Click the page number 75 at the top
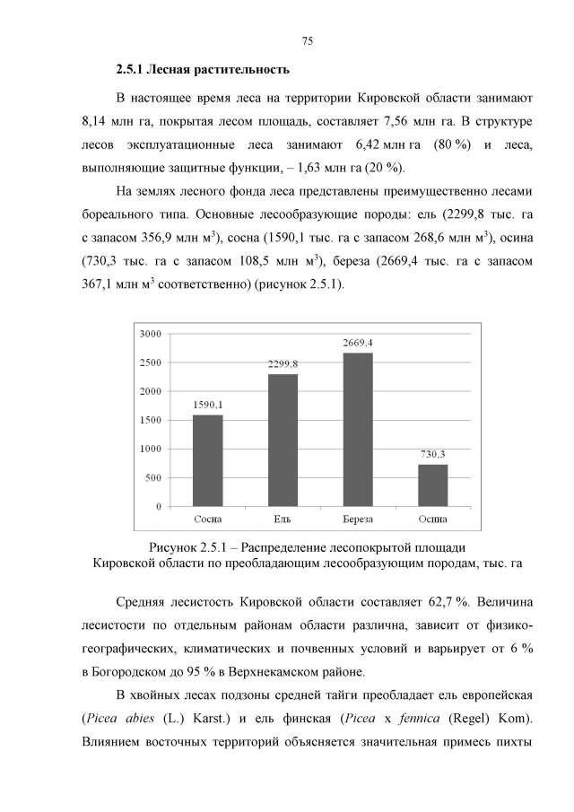[x=307, y=41]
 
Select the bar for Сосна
[x=208, y=460]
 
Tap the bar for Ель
[x=283, y=440]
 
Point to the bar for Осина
[x=433, y=485]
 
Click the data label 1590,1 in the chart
[x=208, y=406]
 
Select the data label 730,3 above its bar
[x=433, y=455]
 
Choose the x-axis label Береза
[x=358, y=520]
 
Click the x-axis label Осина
[x=433, y=520]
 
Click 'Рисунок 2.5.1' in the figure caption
[x=190, y=547]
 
